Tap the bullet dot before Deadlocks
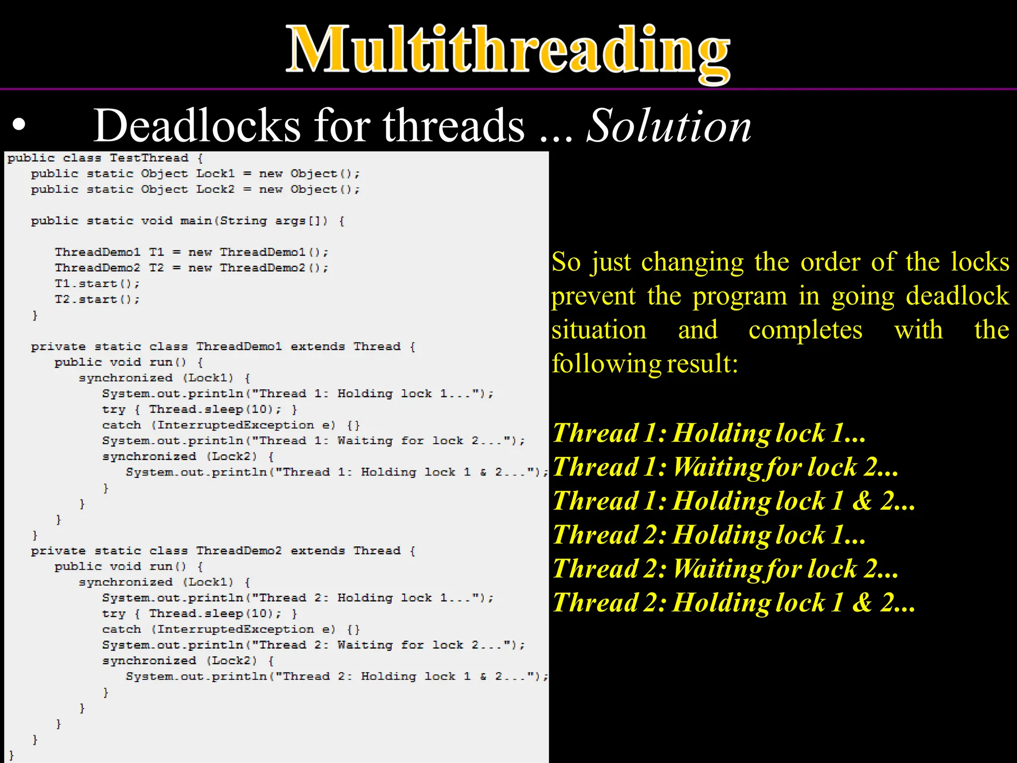(x=19, y=126)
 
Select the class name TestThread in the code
(x=149, y=158)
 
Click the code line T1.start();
(x=97, y=284)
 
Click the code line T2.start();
(x=97, y=300)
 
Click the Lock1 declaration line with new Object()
(x=195, y=174)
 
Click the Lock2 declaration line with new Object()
(x=195, y=190)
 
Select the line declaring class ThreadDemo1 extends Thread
(x=223, y=346)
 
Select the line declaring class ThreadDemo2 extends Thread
(x=223, y=550)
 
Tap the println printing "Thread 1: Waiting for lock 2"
(x=313, y=441)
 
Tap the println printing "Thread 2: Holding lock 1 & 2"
(x=337, y=676)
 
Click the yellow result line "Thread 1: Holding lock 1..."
(x=709, y=433)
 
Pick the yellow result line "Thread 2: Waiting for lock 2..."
(x=725, y=569)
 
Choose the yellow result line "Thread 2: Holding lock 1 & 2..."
(x=733, y=603)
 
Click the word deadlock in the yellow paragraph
(x=957, y=296)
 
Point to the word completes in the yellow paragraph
(x=805, y=330)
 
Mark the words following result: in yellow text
(x=645, y=364)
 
